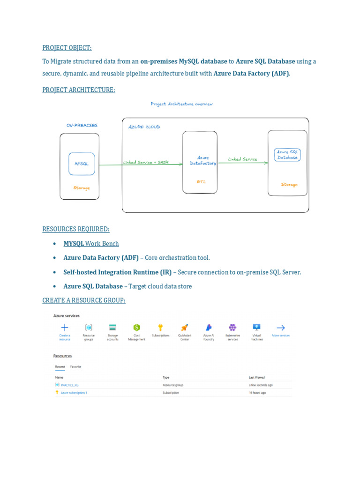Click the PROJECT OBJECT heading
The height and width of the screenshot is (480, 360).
pyautogui.click(x=67, y=47)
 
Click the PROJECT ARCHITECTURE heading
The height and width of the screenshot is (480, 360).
pyautogui.click(x=79, y=90)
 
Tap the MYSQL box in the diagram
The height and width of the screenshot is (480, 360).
pyautogui.click(x=82, y=164)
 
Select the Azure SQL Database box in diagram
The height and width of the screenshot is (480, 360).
pyautogui.click(x=287, y=155)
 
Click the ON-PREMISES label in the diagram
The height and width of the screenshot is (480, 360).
pyautogui.click(x=82, y=126)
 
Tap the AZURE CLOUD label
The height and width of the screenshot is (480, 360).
pyautogui.click(x=144, y=127)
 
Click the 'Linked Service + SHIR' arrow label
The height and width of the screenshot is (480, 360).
pyautogui.click(x=146, y=162)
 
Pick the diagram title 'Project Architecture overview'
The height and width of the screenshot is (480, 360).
pyautogui.click(x=181, y=104)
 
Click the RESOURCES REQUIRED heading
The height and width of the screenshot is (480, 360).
pyautogui.click(x=76, y=229)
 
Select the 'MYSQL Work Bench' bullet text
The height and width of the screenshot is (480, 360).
pyautogui.click(x=91, y=243)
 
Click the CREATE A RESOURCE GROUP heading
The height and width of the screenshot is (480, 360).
pyautogui.click(x=84, y=300)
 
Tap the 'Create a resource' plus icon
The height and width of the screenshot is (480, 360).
pyautogui.click(x=65, y=327)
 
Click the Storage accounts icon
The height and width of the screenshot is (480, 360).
pyautogui.click(x=112, y=327)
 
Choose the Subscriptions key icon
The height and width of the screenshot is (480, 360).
pyautogui.click(x=160, y=327)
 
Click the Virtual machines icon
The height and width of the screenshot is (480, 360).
pyautogui.click(x=256, y=327)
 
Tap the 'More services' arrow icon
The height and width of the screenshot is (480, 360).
pyautogui.click(x=280, y=328)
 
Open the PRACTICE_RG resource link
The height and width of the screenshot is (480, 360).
pyautogui.click(x=69, y=385)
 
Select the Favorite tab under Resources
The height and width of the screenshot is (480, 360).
pyautogui.click(x=75, y=367)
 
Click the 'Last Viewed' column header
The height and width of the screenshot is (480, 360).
pyautogui.click(x=256, y=377)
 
